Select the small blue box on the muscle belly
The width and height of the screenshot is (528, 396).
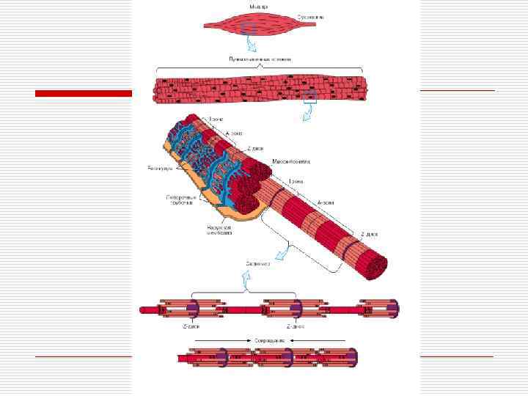click(x=248, y=27)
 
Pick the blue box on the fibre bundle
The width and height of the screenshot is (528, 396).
click(x=309, y=95)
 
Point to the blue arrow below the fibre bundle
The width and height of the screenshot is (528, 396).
click(x=308, y=114)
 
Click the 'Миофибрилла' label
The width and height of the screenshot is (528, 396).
click(x=292, y=160)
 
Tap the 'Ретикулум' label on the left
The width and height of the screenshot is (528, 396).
click(x=160, y=169)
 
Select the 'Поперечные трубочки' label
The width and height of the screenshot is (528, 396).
click(x=180, y=200)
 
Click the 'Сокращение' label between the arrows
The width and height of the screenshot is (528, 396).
click(x=269, y=341)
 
